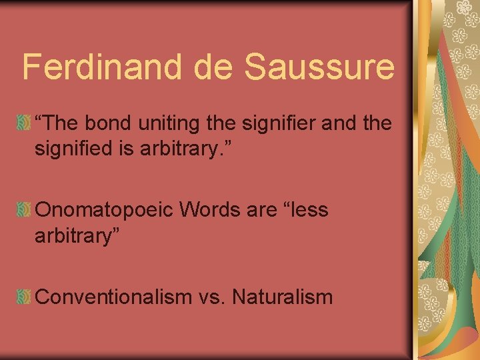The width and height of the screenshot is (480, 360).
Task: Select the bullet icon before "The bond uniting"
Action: click(24, 123)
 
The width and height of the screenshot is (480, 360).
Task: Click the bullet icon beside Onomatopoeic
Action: click(24, 210)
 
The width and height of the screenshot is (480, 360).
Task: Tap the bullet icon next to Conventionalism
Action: click(24, 297)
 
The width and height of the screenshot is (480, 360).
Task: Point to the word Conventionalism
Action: click(113, 297)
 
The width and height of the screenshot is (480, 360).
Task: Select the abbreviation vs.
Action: click(211, 297)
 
